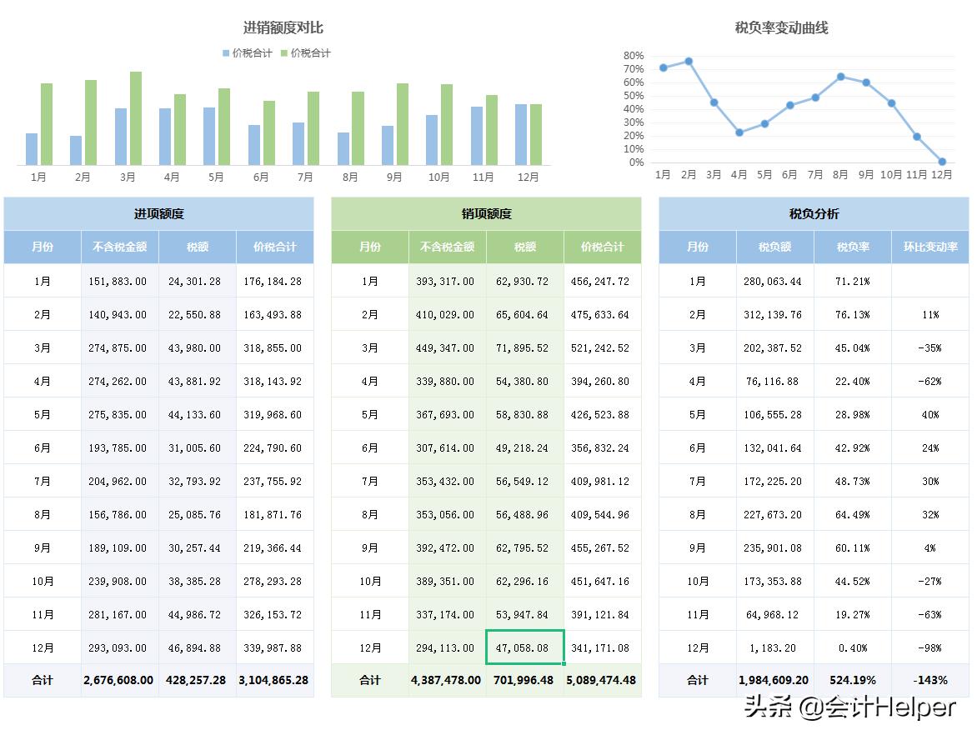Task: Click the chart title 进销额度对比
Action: [x=283, y=28]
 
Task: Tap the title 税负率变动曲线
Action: [x=781, y=28]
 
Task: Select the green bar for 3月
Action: [x=136, y=118]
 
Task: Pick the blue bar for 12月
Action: [x=521, y=134]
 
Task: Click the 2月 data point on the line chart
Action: [x=689, y=61]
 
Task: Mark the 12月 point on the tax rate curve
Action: [x=942, y=162]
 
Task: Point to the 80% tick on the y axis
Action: [x=634, y=56]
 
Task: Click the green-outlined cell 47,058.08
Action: [x=525, y=647]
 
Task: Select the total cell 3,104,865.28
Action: [x=275, y=680]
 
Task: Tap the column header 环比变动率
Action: [x=930, y=247]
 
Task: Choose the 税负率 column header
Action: [x=853, y=247]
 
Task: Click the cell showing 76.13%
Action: [x=853, y=315]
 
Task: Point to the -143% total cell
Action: [x=930, y=680]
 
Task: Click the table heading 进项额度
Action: [x=158, y=214]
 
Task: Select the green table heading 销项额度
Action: [x=486, y=214]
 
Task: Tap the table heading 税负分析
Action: [x=814, y=214]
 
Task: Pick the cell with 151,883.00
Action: [x=118, y=282]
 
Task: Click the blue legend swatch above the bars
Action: [x=226, y=53]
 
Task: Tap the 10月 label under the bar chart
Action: [x=438, y=177]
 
